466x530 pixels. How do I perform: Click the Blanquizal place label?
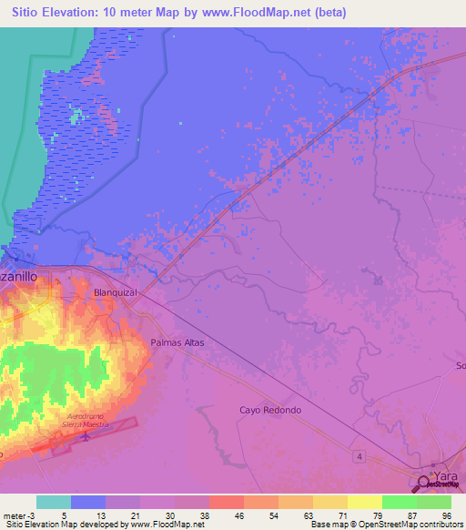[x=115, y=293]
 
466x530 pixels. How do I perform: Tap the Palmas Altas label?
[x=177, y=342]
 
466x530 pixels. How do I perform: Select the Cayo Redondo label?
[x=269, y=410]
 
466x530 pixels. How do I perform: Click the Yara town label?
[x=446, y=476]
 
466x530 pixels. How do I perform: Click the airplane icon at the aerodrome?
[x=86, y=437]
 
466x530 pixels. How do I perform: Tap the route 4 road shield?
[x=360, y=455]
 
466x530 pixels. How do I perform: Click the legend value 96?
[x=445, y=515]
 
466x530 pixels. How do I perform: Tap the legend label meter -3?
[x=18, y=515]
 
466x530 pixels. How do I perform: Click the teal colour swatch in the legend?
[x=54, y=502]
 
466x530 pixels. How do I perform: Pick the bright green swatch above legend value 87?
[x=400, y=502]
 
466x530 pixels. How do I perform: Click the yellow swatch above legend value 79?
[x=365, y=502]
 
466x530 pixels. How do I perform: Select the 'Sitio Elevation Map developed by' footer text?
[x=59, y=525]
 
